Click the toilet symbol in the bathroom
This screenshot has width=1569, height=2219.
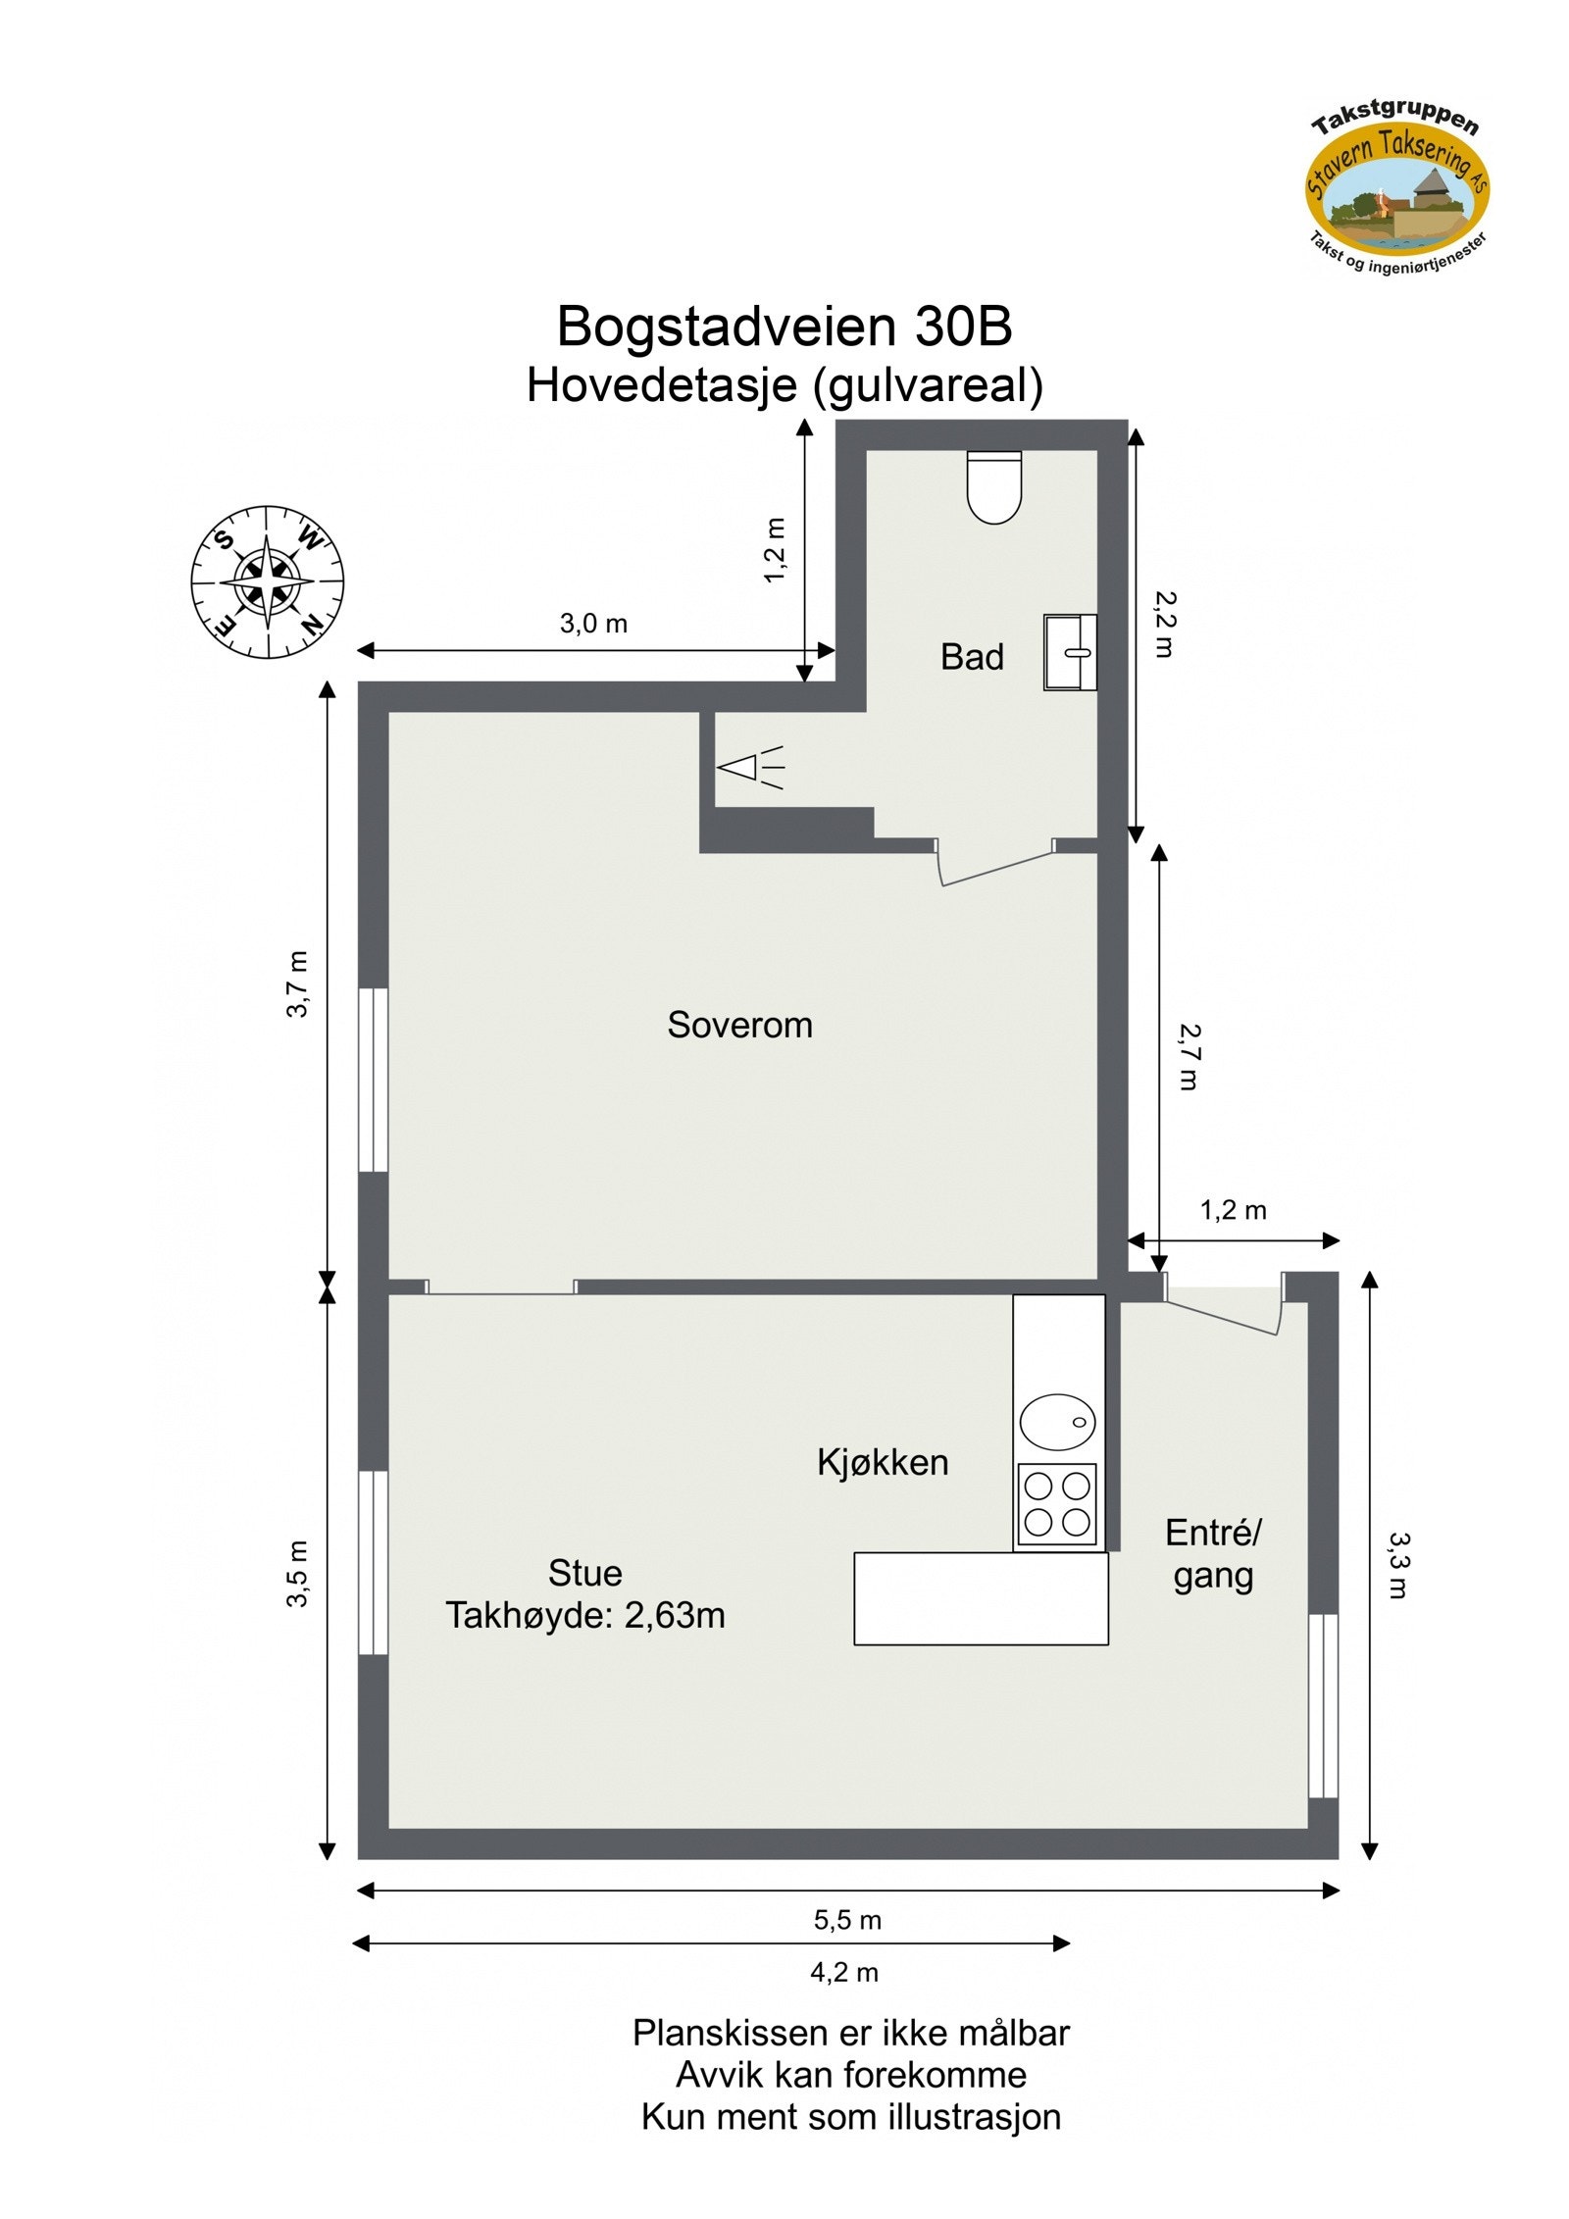pyautogui.click(x=993, y=486)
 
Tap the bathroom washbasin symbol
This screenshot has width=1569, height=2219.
pyautogui.click(x=1070, y=652)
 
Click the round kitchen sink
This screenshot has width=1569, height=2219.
pyautogui.click(x=1057, y=1422)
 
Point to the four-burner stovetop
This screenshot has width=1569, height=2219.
pyautogui.click(x=1056, y=1504)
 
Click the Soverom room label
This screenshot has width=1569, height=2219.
pyautogui.click(x=739, y=1025)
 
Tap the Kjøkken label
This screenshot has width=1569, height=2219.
pyautogui.click(x=883, y=1462)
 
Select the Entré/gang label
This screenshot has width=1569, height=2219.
pyautogui.click(x=1213, y=1553)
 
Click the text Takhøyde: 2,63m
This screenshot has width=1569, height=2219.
pyautogui.click(x=585, y=1615)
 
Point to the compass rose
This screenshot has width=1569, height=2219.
pyautogui.click(x=267, y=581)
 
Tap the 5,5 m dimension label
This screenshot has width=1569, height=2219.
pyautogui.click(x=847, y=1919)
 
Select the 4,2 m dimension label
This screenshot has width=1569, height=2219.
pyautogui.click(x=843, y=1972)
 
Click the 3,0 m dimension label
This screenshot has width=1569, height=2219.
pyautogui.click(x=593, y=624)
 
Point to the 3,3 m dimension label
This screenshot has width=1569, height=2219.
pyautogui.click(x=1398, y=1565)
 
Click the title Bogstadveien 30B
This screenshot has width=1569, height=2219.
pyautogui.click(x=784, y=327)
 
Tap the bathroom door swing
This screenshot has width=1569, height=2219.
pyautogui.click(x=992, y=863)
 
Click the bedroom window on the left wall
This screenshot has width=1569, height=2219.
pyautogui.click(x=374, y=1079)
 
